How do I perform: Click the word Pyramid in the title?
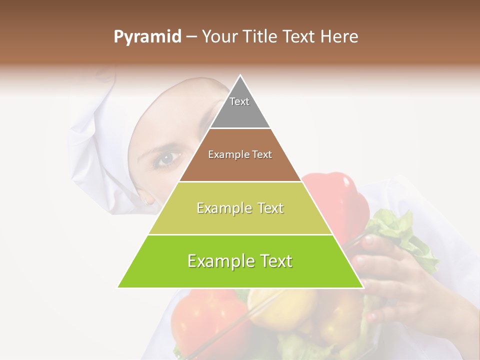tap(147, 37)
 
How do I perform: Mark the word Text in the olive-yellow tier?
tap(267, 208)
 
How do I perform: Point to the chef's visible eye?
tap(165, 158)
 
